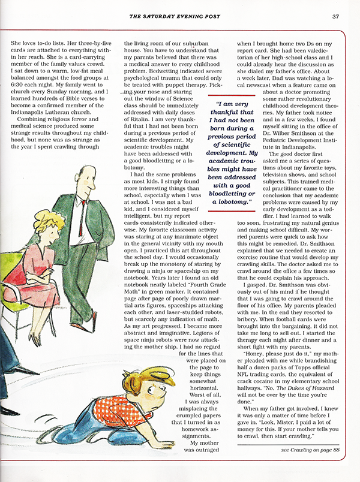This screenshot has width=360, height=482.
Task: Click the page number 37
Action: pos(336,16)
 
